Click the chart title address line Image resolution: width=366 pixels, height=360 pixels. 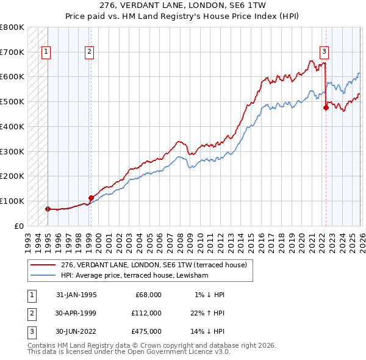click(183, 6)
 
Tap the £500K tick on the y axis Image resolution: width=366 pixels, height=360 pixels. click(12, 102)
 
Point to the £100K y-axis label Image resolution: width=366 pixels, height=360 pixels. click(12, 201)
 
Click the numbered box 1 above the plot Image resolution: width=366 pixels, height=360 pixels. click(46, 52)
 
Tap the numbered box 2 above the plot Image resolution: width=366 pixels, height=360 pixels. click(89, 52)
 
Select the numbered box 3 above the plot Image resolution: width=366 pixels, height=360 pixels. click(324, 52)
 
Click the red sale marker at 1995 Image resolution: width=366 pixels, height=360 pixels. click(48, 209)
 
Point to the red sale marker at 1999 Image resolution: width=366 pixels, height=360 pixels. click(91, 198)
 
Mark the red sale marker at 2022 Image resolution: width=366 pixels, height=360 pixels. click(326, 108)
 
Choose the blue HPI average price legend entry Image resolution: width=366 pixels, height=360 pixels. click(134, 276)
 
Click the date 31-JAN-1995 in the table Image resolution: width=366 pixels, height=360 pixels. click(76, 295)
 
